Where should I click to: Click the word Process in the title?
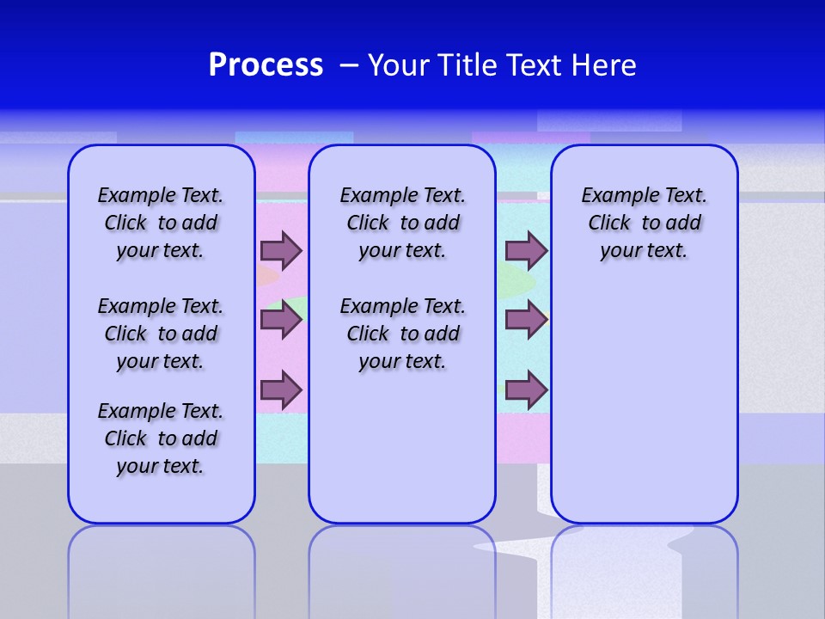point(266,65)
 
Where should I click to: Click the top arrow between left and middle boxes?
point(281,250)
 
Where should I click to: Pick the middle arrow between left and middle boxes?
point(281,320)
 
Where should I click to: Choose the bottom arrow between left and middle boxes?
point(281,389)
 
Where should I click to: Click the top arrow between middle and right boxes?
point(526,250)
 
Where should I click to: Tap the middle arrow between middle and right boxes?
point(526,320)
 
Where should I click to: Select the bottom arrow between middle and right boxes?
point(526,389)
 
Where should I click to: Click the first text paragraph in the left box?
point(161,223)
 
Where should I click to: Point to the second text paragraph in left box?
point(161,334)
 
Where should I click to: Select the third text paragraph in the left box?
point(161,438)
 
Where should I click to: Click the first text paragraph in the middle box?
point(402,223)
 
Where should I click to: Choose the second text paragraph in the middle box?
point(402,334)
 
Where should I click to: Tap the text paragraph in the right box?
point(644,223)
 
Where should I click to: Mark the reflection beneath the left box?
point(162,567)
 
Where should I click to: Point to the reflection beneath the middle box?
point(402,567)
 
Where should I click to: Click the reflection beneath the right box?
point(644,567)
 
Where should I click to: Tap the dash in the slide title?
point(349,65)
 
